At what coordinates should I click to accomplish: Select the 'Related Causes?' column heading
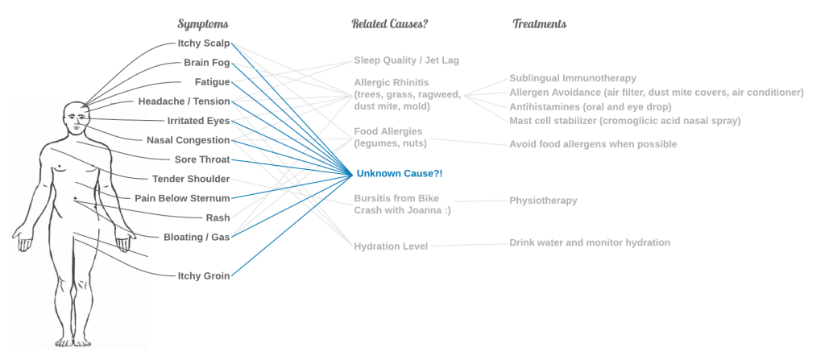[x=389, y=24]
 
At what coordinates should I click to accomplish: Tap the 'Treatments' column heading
[x=538, y=24]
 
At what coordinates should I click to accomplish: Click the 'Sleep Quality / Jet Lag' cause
[x=407, y=60]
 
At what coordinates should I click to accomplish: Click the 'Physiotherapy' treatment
[x=542, y=201]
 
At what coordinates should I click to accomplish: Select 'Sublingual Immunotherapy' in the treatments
[x=574, y=78]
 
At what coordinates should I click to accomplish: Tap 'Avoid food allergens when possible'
[x=593, y=144]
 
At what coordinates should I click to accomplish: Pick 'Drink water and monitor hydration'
[x=590, y=242]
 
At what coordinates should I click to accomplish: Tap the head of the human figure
[x=77, y=121]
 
